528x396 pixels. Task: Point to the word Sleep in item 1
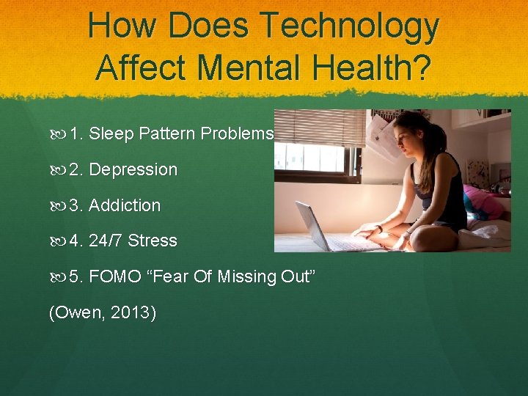point(112,133)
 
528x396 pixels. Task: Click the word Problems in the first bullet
point(237,133)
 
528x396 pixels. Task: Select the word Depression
point(133,169)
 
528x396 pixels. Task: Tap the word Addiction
point(124,205)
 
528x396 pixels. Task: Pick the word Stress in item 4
point(153,241)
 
